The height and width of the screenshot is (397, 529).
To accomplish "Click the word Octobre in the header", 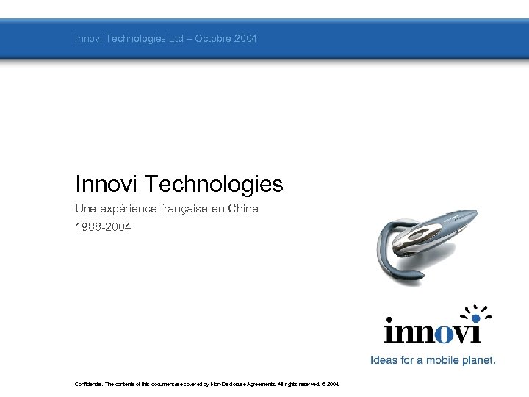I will click(x=214, y=38).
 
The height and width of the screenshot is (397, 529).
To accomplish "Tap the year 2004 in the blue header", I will click(x=245, y=38).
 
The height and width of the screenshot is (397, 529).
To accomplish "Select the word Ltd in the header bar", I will click(x=176, y=38).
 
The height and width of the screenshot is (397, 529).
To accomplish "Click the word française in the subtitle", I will click(x=182, y=209).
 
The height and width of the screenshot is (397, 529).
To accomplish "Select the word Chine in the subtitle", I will click(x=244, y=209).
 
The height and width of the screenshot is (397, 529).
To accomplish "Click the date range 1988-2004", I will click(x=103, y=227).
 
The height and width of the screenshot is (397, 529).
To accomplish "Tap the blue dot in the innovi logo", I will click(x=475, y=318).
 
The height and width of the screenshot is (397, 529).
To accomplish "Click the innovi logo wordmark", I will click(x=433, y=332).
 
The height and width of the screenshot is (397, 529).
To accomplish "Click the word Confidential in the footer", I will click(x=89, y=384).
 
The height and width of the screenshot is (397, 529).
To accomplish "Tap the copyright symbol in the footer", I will click(x=322, y=384).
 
